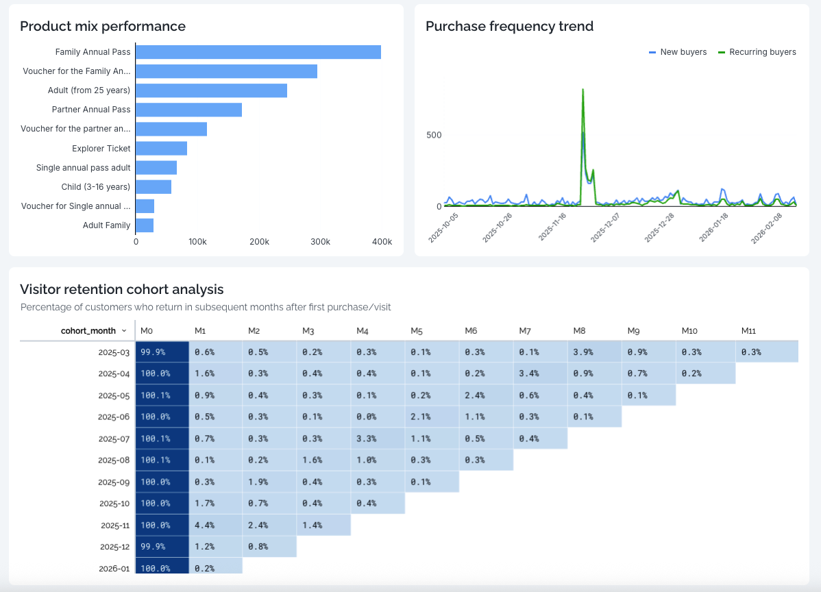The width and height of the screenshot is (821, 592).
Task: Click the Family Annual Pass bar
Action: (258, 52)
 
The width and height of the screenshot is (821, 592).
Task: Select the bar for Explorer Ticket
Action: (161, 148)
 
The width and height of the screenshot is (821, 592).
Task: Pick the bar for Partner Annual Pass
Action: (188, 110)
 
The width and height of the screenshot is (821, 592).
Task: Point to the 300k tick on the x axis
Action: (320, 242)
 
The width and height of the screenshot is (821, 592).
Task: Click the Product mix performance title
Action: (103, 27)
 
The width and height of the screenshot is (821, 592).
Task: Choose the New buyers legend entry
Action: (678, 52)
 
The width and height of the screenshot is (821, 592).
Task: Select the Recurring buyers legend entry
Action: (757, 52)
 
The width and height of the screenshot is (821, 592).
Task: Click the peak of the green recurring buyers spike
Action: (583, 89)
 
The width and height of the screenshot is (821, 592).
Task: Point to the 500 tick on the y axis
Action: (434, 135)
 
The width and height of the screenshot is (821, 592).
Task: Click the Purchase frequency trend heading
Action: (509, 27)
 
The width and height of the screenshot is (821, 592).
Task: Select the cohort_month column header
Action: (88, 330)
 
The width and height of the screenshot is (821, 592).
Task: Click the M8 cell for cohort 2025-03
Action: (594, 352)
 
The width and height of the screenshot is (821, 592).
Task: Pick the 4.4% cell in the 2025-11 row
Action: (215, 525)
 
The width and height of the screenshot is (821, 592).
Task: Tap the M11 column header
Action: (748, 331)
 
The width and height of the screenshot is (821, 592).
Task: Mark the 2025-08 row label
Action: (114, 460)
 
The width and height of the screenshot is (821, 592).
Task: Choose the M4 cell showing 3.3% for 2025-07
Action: (378, 439)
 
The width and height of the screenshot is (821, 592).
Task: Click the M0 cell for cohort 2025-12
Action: (162, 547)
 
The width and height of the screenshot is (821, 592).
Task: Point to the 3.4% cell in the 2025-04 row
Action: (540, 373)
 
